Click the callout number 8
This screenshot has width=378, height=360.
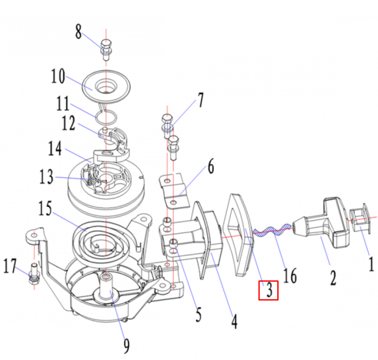pyautogui.click(x=78, y=33)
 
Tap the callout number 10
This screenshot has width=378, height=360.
pyautogui.click(x=58, y=77)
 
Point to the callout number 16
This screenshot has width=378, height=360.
pyautogui.click(x=290, y=275)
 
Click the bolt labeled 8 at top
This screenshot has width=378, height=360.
pyautogui.click(x=106, y=49)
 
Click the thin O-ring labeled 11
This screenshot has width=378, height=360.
pyautogui.click(x=107, y=116)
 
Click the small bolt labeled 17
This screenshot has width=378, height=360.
pyautogui.click(x=34, y=274)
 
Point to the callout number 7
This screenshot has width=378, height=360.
pyautogui.click(x=201, y=100)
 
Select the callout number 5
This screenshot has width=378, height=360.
pyautogui.click(x=198, y=315)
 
